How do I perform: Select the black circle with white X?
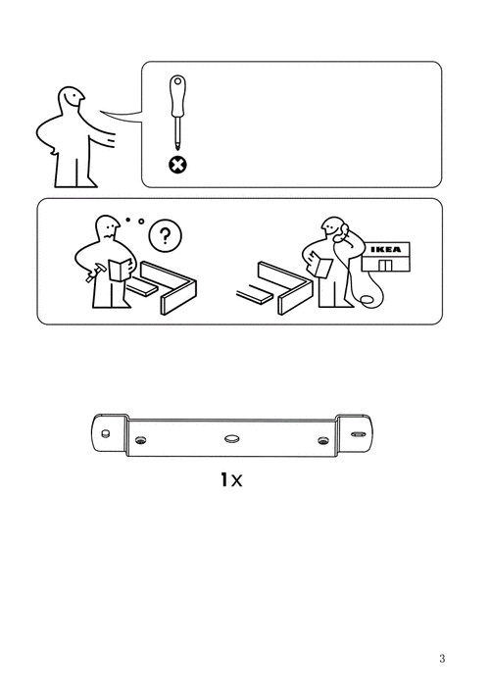click(177, 165)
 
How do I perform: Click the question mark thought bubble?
click(165, 235)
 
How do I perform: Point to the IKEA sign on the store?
click(386, 249)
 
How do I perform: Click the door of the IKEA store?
click(385, 265)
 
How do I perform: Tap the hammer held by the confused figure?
click(95, 271)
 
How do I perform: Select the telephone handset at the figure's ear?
click(343, 231)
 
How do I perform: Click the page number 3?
click(442, 659)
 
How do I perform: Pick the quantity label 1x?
click(231, 479)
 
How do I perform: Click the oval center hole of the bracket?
click(231, 438)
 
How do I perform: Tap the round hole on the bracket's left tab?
click(105, 433)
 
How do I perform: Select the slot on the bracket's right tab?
click(356, 433)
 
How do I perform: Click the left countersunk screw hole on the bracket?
click(141, 440)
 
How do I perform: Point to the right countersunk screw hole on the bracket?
click(322, 441)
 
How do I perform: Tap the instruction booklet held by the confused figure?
click(120, 269)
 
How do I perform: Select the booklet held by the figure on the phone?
click(320, 265)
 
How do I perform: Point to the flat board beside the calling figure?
click(256, 295)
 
